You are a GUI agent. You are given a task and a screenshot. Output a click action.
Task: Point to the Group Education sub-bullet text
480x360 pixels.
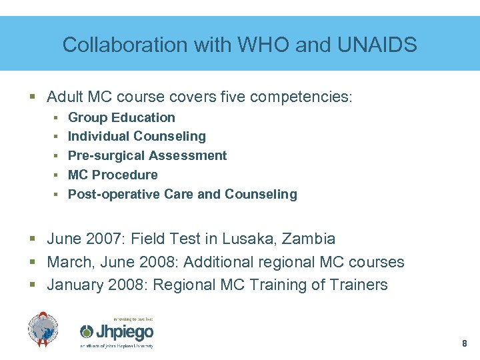point(121,117)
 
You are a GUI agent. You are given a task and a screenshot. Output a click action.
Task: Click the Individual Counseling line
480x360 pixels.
point(137,136)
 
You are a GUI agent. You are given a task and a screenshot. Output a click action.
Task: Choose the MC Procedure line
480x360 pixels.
point(113,175)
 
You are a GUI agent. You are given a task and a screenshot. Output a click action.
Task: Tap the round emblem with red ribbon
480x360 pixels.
point(43,329)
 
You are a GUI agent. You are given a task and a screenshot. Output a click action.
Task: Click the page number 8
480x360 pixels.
point(464,344)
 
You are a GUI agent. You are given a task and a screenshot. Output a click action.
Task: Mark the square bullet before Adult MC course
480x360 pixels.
point(33,97)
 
